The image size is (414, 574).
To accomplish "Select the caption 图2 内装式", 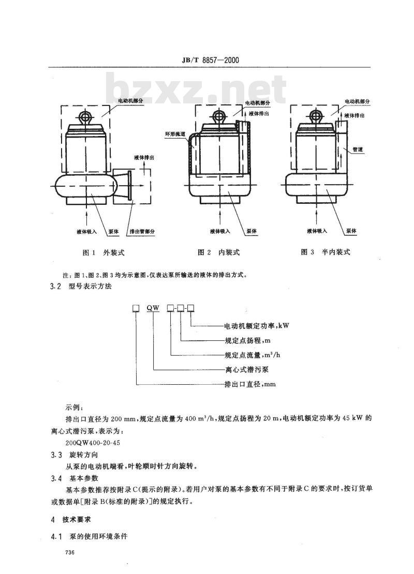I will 219,252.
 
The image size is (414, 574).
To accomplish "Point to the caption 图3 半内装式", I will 326,252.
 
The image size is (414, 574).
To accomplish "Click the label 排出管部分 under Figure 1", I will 142,232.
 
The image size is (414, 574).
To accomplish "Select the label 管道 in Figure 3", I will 358,149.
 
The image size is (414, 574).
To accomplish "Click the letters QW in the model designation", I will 153,309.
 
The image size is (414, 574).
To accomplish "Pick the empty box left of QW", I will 136,309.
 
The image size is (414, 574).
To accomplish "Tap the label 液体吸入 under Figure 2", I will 220,232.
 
